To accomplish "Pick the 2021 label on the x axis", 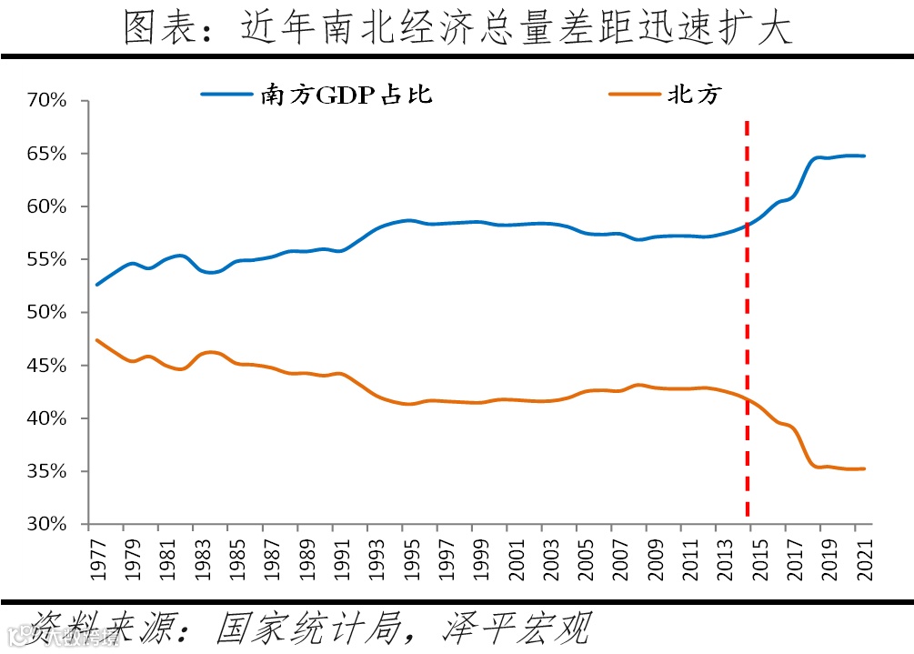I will click(866, 558).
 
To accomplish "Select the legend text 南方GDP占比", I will click(347, 95).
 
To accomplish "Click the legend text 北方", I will click(695, 95).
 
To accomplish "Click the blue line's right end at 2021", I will click(864, 156).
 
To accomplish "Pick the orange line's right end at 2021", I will click(864, 468).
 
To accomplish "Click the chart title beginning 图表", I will click(457, 29).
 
